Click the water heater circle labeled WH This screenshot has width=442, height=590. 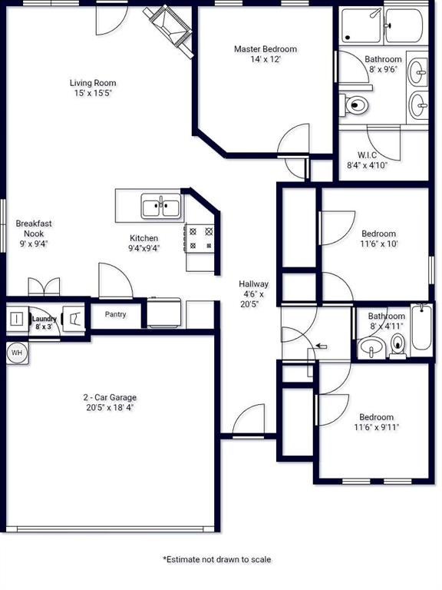(17, 353)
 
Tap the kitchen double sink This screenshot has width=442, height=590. (161, 206)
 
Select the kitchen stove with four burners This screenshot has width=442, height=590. (200, 238)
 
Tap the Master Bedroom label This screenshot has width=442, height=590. (266, 49)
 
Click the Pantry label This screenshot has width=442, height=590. (115, 314)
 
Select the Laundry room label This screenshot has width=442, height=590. (44, 319)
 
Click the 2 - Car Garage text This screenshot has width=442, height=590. (110, 397)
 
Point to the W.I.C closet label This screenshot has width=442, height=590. (367, 155)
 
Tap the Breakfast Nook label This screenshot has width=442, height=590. (34, 228)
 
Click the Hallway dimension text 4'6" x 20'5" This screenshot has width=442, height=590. (251, 299)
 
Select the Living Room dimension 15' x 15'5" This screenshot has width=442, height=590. (93, 93)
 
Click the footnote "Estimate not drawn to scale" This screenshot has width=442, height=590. (217, 559)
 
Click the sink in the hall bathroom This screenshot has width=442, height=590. (371, 348)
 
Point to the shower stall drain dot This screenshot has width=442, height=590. (348, 37)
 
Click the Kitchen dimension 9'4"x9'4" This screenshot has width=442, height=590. (144, 248)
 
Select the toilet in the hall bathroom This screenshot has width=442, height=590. (397, 345)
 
